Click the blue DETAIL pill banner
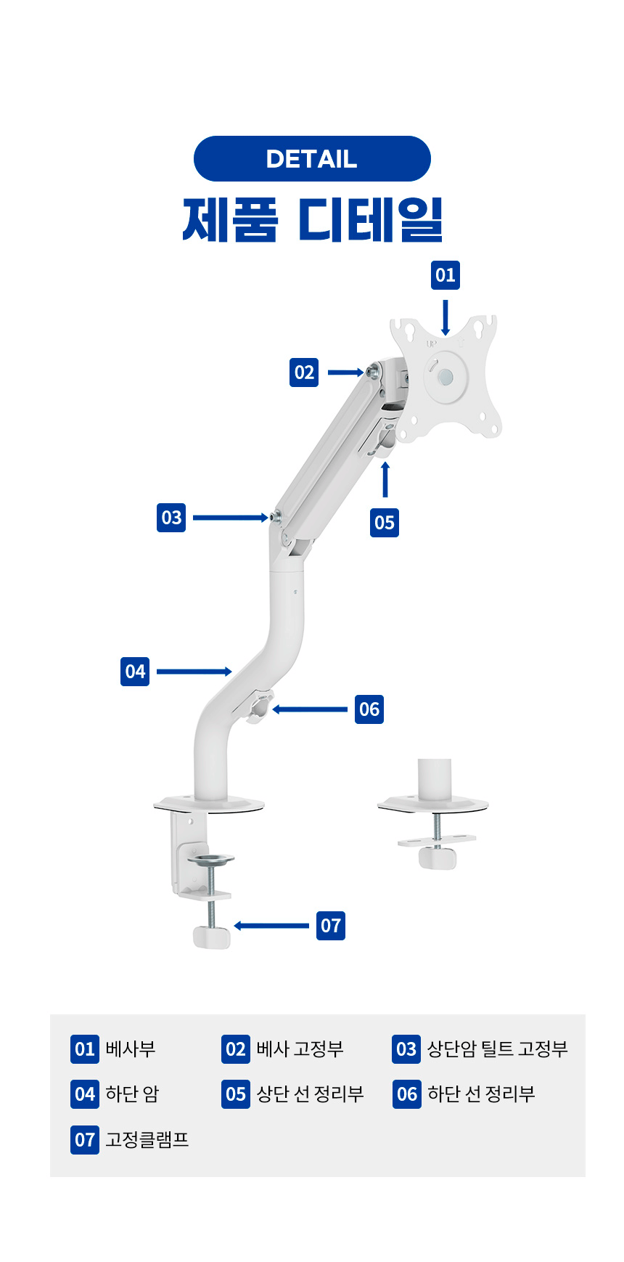click(312, 158)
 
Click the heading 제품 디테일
click(312, 219)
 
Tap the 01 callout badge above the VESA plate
click(446, 275)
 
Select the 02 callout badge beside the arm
click(304, 373)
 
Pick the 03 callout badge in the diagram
click(171, 518)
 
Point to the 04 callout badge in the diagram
click(135, 672)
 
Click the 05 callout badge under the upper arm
click(385, 522)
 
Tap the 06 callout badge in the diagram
click(369, 709)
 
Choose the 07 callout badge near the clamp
click(331, 926)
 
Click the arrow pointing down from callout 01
click(446, 317)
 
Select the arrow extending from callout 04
click(194, 672)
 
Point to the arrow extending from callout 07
click(271, 926)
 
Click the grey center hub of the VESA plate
click(446, 377)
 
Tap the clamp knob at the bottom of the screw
click(212, 937)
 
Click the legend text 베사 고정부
click(300, 1049)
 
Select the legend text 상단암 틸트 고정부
click(498, 1049)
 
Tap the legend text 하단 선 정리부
click(481, 1094)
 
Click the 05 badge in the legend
click(236, 1094)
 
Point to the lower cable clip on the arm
click(258, 709)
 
